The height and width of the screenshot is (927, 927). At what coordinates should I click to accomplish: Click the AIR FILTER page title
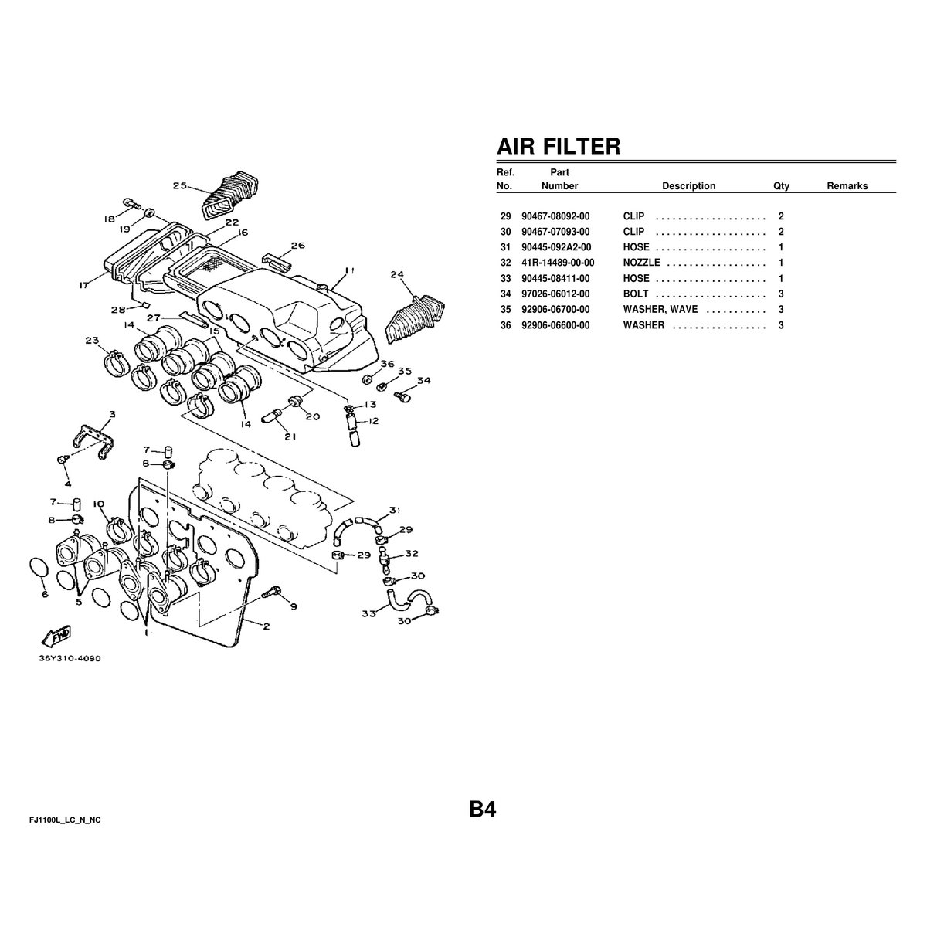click(559, 146)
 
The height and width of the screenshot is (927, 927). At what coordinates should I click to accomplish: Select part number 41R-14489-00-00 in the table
click(558, 263)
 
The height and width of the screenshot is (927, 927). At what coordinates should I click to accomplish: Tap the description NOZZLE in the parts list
click(641, 263)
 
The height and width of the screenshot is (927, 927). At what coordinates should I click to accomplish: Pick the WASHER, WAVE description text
click(660, 309)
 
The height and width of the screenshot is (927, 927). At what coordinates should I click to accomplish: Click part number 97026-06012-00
click(555, 294)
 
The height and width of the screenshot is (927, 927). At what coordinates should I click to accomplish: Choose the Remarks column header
click(847, 185)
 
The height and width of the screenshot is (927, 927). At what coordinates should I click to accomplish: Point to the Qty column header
click(781, 185)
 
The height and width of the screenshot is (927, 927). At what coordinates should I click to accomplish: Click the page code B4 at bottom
click(483, 809)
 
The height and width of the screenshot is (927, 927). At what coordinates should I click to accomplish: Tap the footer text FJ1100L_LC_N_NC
click(65, 820)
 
